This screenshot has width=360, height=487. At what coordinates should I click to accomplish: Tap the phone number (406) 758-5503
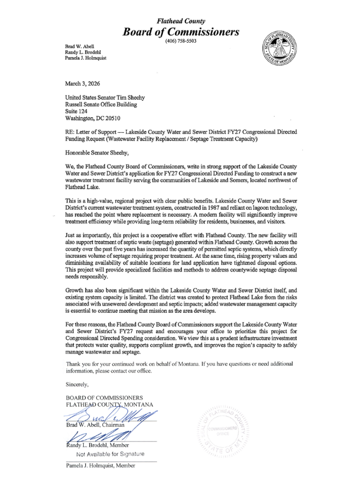(x=180, y=42)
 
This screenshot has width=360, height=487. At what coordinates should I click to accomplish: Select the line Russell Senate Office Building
(x=101, y=104)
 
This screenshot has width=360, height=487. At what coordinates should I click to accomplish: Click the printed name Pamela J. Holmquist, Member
(x=100, y=467)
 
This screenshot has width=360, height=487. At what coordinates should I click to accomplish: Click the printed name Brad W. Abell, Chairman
(x=97, y=424)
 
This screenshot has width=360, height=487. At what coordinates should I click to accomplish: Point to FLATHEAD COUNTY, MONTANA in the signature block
(x=110, y=405)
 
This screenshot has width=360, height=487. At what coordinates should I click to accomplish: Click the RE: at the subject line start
(x=70, y=133)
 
